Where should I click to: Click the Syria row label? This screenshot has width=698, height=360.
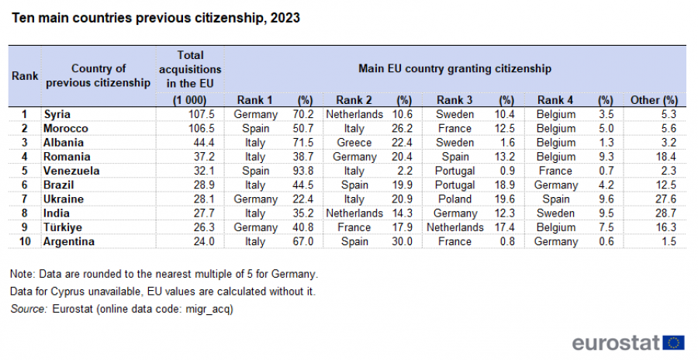[x=57, y=115]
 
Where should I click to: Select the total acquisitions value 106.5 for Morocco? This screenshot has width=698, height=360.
[x=201, y=128]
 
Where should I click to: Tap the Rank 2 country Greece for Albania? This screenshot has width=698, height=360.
[x=354, y=143]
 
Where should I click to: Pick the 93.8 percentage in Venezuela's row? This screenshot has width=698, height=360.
[x=303, y=171]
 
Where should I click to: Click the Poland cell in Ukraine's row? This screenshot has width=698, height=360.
[x=454, y=199]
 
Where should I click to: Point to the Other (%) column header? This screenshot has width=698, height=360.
[x=654, y=100]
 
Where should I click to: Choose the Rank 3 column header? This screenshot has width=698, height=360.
[x=454, y=100]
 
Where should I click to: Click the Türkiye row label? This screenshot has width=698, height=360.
[x=63, y=227]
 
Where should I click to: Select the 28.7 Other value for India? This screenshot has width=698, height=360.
[x=665, y=213]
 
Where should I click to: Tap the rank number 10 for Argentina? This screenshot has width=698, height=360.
[x=25, y=241]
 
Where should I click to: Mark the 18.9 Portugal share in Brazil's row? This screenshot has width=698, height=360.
[x=504, y=185]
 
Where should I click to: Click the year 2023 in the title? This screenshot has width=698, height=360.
[x=285, y=18]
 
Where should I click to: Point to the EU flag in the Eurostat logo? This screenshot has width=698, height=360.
[x=674, y=343]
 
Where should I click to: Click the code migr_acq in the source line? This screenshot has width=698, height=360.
[x=209, y=309]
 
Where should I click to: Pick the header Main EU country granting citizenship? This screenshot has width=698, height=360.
[x=455, y=68]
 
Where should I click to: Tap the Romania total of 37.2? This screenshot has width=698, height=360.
[x=204, y=157]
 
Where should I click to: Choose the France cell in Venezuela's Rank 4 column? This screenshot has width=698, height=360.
[x=555, y=171]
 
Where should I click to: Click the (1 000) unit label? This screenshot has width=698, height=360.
[x=190, y=100]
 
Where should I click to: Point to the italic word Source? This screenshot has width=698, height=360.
[x=29, y=309]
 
